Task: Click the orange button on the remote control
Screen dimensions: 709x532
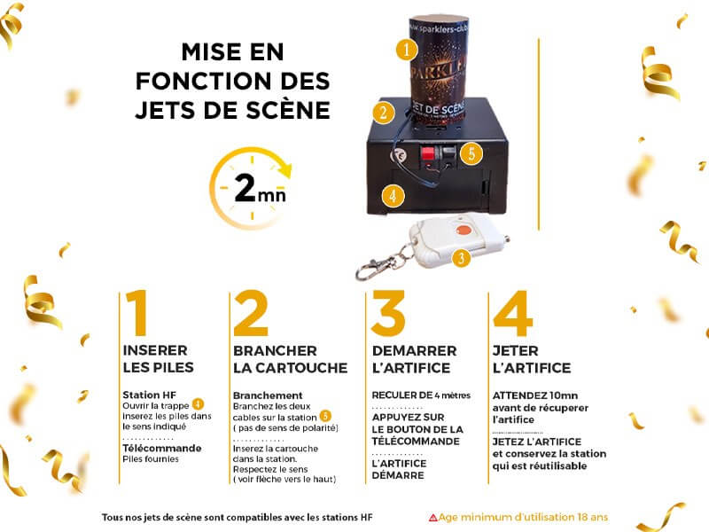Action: [x=463, y=230]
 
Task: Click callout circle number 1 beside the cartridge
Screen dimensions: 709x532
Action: [x=406, y=49]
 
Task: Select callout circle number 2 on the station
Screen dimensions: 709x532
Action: [x=384, y=112]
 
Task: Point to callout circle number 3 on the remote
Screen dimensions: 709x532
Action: [x=461, y=258]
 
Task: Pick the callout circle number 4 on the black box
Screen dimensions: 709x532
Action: [x=393, y=196]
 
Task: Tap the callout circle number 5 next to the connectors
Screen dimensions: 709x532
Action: [x=471, y=153]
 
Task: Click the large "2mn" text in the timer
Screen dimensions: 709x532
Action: [x=260, y=188]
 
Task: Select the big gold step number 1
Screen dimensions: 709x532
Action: [x=137, y=313]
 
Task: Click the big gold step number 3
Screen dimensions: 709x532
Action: [x=388, y=313]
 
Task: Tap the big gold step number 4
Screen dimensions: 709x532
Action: [x=513, y=313]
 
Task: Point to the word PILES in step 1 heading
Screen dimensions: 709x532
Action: [x=175, y=367]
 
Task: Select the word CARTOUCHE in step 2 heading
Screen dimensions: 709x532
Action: [x=301, y=368]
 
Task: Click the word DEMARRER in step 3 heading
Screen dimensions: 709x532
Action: [x=414, y=351]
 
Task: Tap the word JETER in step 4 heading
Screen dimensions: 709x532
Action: [x=515, y=351]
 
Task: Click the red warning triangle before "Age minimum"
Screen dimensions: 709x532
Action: [x=432, y=518]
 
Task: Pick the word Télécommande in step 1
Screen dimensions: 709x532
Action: [x=162, y=449]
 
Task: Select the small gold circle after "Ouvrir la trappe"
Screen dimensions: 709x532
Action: [x=198, y=404]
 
